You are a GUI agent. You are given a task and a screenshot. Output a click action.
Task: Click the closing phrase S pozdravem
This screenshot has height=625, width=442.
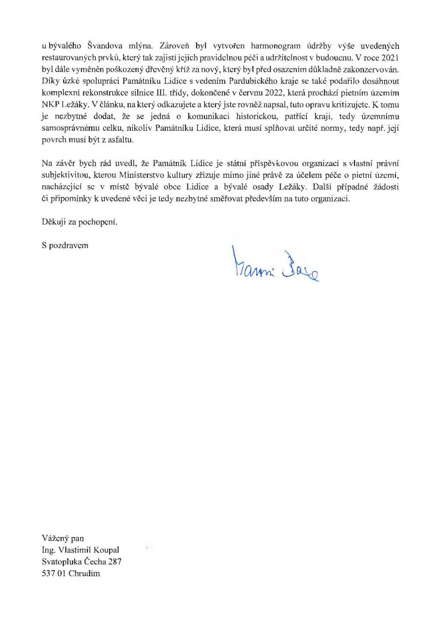coord(65,246)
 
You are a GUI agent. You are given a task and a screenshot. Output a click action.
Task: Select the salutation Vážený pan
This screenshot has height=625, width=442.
coord(63,539)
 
